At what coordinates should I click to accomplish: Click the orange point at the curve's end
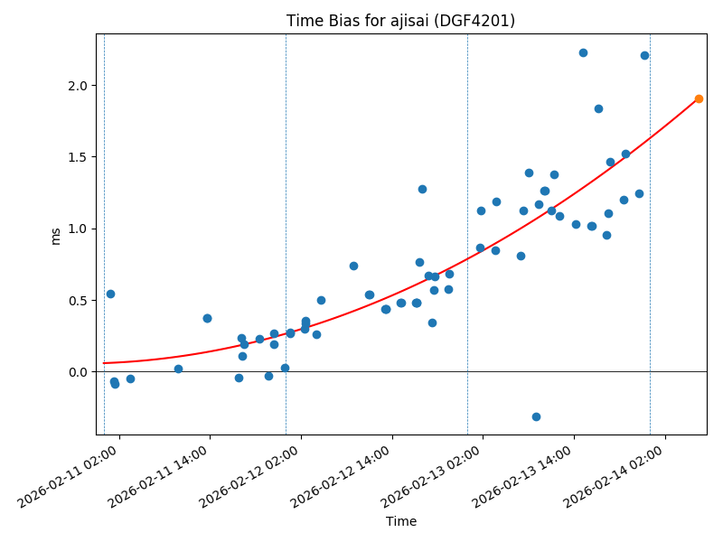[x=699, y=98]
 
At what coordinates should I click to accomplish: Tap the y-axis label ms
[x=56, y=235]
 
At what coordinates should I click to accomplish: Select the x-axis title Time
[x=401, y=521]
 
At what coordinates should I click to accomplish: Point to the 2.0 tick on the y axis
[x=79, y=86]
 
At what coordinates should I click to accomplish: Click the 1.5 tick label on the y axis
[x=79, y=157]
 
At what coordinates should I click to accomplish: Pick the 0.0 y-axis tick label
[x=79, y=372]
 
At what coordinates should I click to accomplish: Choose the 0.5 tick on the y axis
[x=79, y=301]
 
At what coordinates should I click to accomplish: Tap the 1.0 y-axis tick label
[x=79, y=229]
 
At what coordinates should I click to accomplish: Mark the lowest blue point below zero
[x=536, y=416]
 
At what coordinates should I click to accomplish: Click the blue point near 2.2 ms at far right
[x=644, y=55]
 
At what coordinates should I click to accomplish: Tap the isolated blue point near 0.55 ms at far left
[x=110, y=294]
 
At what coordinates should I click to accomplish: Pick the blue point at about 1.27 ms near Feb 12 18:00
[x=422, y=189]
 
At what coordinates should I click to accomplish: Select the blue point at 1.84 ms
[x=598, y=108]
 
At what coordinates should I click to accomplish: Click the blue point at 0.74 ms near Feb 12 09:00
[x=353, y=266]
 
